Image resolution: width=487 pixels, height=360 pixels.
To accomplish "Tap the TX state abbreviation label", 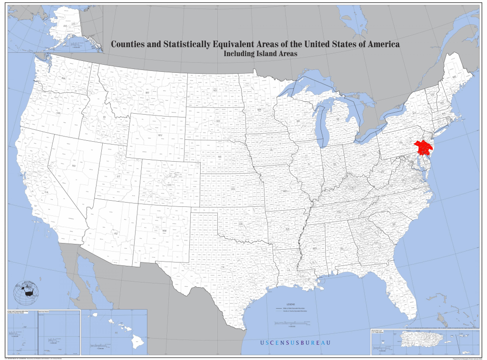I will point(223,268).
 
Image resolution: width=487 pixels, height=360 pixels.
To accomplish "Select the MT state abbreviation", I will point(147,92).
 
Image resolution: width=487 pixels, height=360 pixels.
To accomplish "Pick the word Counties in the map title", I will point(129,44).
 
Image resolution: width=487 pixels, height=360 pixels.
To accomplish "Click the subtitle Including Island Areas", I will point(260,54).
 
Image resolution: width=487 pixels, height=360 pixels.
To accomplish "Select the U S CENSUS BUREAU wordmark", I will point(295,343).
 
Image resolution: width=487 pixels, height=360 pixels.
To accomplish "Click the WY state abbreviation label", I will point(160,135).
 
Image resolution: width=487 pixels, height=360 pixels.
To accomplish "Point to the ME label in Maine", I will point(455,77).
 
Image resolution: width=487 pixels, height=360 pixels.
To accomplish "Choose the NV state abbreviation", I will point(74,165).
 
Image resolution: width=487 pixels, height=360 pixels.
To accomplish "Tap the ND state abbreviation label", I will point(215,90).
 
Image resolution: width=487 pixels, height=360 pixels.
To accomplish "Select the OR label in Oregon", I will point(58,113).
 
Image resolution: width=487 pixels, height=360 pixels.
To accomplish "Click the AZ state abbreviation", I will point(115,234).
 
